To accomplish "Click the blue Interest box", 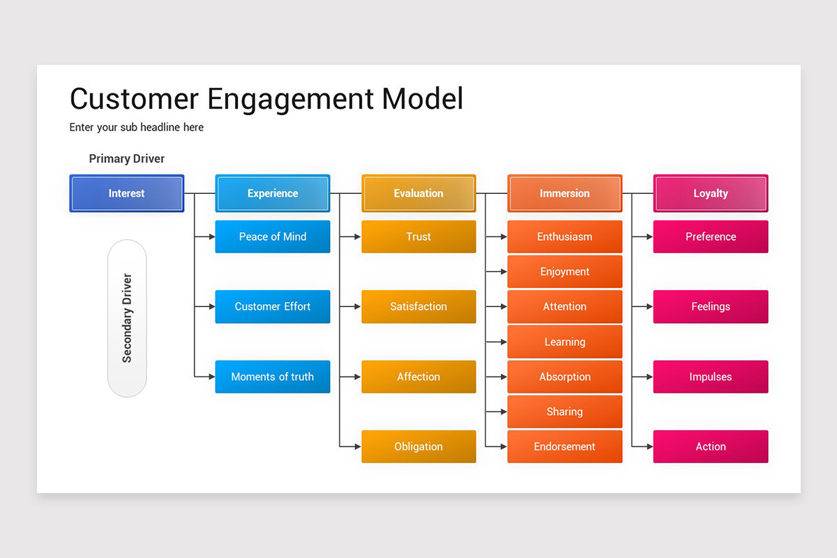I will click(126, 193).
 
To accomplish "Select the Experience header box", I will click(272, 193).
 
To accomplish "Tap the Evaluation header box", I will click(418, 193).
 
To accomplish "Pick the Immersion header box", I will click(564, 193).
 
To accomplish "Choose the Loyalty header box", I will click(710, 193).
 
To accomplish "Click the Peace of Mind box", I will click(272, 236).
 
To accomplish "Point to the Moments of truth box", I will click(272, 377).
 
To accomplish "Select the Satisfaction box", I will click(418, 306).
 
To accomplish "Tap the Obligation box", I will click(418, 446).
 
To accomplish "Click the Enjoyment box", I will click(564, 271).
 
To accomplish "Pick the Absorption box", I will click(564, 377).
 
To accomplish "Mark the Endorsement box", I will click(564, 446).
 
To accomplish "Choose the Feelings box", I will click(710, 306).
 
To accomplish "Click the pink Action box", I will click(710, 446).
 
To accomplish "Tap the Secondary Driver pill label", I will click(127, 318).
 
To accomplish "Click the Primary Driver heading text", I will click(127, 159).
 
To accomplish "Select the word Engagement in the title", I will click(290, 99).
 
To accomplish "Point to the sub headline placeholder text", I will click(137, 128).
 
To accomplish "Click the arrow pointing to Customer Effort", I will click(206, 306).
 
